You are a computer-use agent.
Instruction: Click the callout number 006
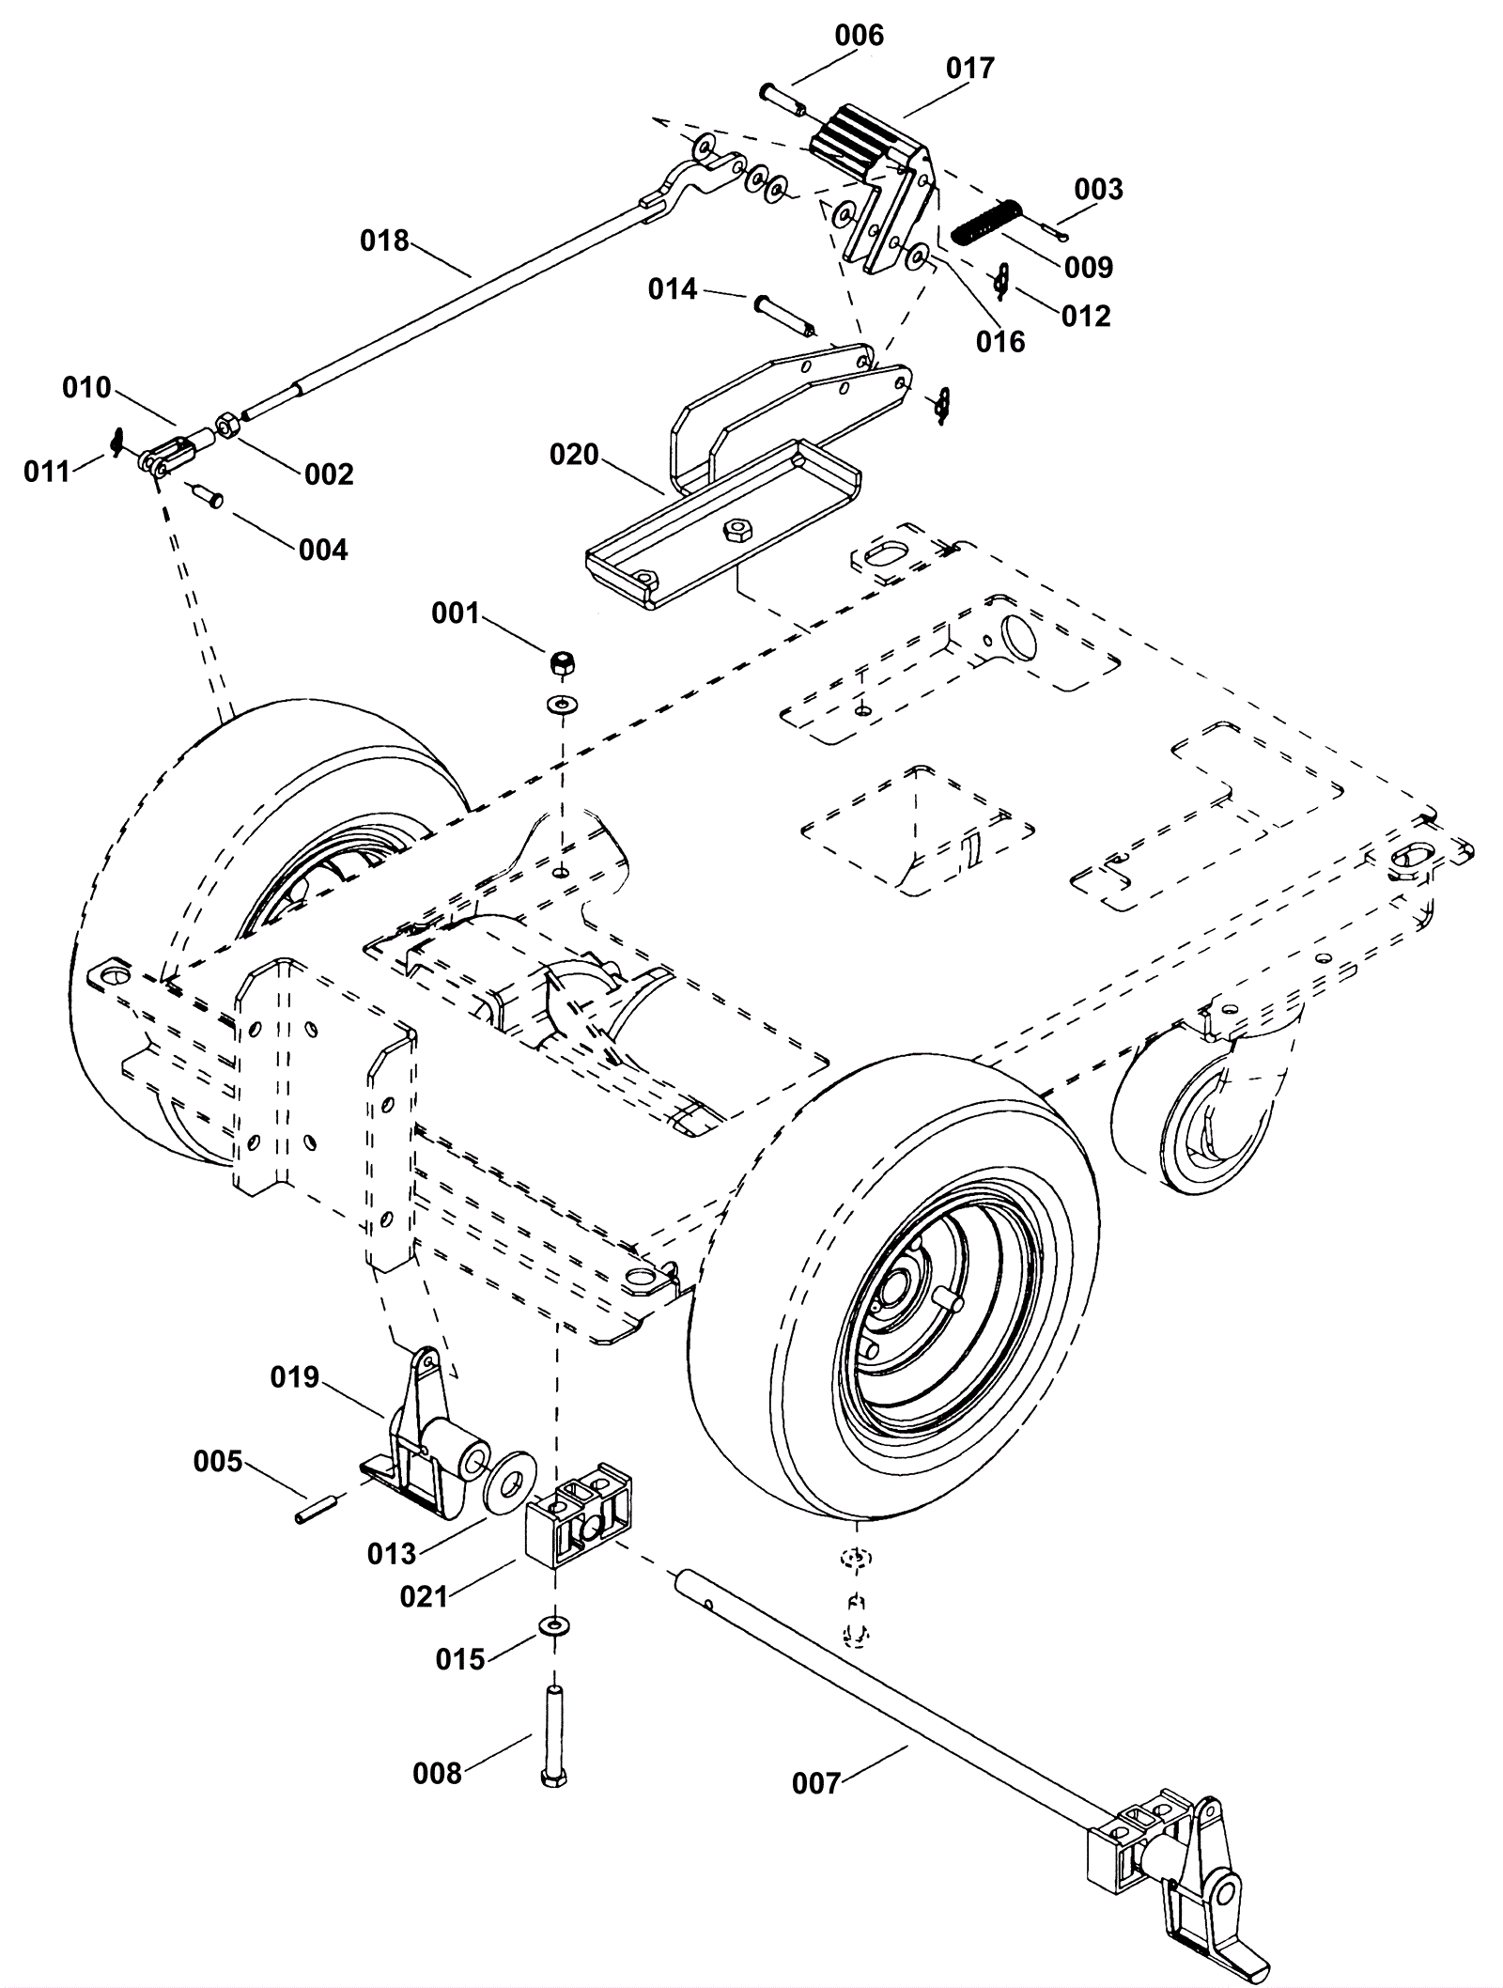click(x=860, y=36)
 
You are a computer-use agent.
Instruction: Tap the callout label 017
click(x=970, y=69)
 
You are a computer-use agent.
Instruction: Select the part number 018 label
click(x=385, y=241)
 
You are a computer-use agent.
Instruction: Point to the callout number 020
click(x=574, y=455)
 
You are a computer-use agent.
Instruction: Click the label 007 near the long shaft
click(x=816, y=1783)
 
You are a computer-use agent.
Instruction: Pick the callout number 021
click(x=425, y=1596)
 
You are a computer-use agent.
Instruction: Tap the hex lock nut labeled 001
click(x=563, y=662)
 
